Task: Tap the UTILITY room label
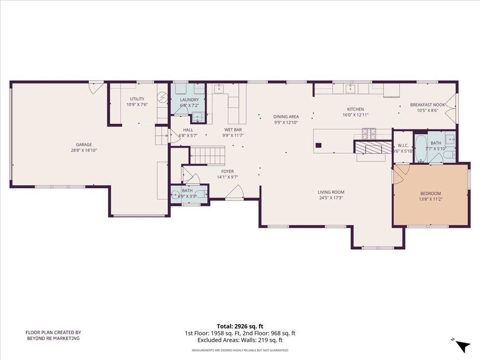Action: (x=137, y=99)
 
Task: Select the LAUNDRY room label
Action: (x=189, y=99)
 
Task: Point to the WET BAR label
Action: (x=233, y=129)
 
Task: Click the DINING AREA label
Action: (x=286, y=117)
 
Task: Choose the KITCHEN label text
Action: (x=355, y=109)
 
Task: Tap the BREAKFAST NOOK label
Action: (x=427, y=105)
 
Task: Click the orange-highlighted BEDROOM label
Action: (x=430, y=193)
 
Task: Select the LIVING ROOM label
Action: (x=331, y=192)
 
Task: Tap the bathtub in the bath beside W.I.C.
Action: (x=420, y=148)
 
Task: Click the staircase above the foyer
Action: (x=207, y=155)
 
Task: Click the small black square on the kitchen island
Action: (x=318, y=145)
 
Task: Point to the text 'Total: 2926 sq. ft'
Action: (x=240, y=326)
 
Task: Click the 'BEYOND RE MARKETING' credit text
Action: (x=53, y=338)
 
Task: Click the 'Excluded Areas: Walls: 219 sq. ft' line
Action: (x=240, y=340)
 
